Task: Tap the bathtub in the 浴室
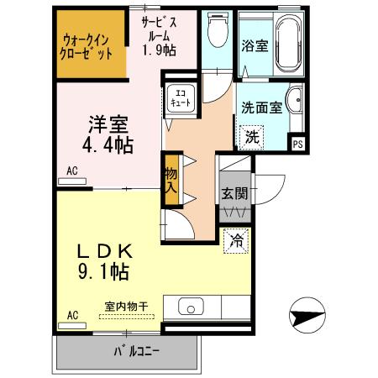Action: tap(288, 43)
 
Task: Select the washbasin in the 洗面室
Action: tap(295, 100)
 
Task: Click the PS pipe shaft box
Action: tap(298, 144)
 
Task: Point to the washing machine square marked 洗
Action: tap(252, 137)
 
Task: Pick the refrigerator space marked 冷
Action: tap(236, 241)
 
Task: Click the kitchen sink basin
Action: tap(191, 306)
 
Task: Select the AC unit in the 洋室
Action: tap(72, 181)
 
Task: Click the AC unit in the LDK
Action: tap(72, 326)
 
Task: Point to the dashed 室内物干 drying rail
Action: tap(127, 317)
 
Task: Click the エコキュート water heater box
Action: tap(181, 98)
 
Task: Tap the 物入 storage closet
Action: tap(171, 180)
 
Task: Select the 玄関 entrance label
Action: tap(234, 193)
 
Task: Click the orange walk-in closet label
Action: tap(87, 47)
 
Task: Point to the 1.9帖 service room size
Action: tap(159, 50)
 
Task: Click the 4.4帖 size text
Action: tap(108, 145)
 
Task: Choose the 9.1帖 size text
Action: tap(103, 271)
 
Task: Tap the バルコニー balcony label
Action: tap(136, 351)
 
